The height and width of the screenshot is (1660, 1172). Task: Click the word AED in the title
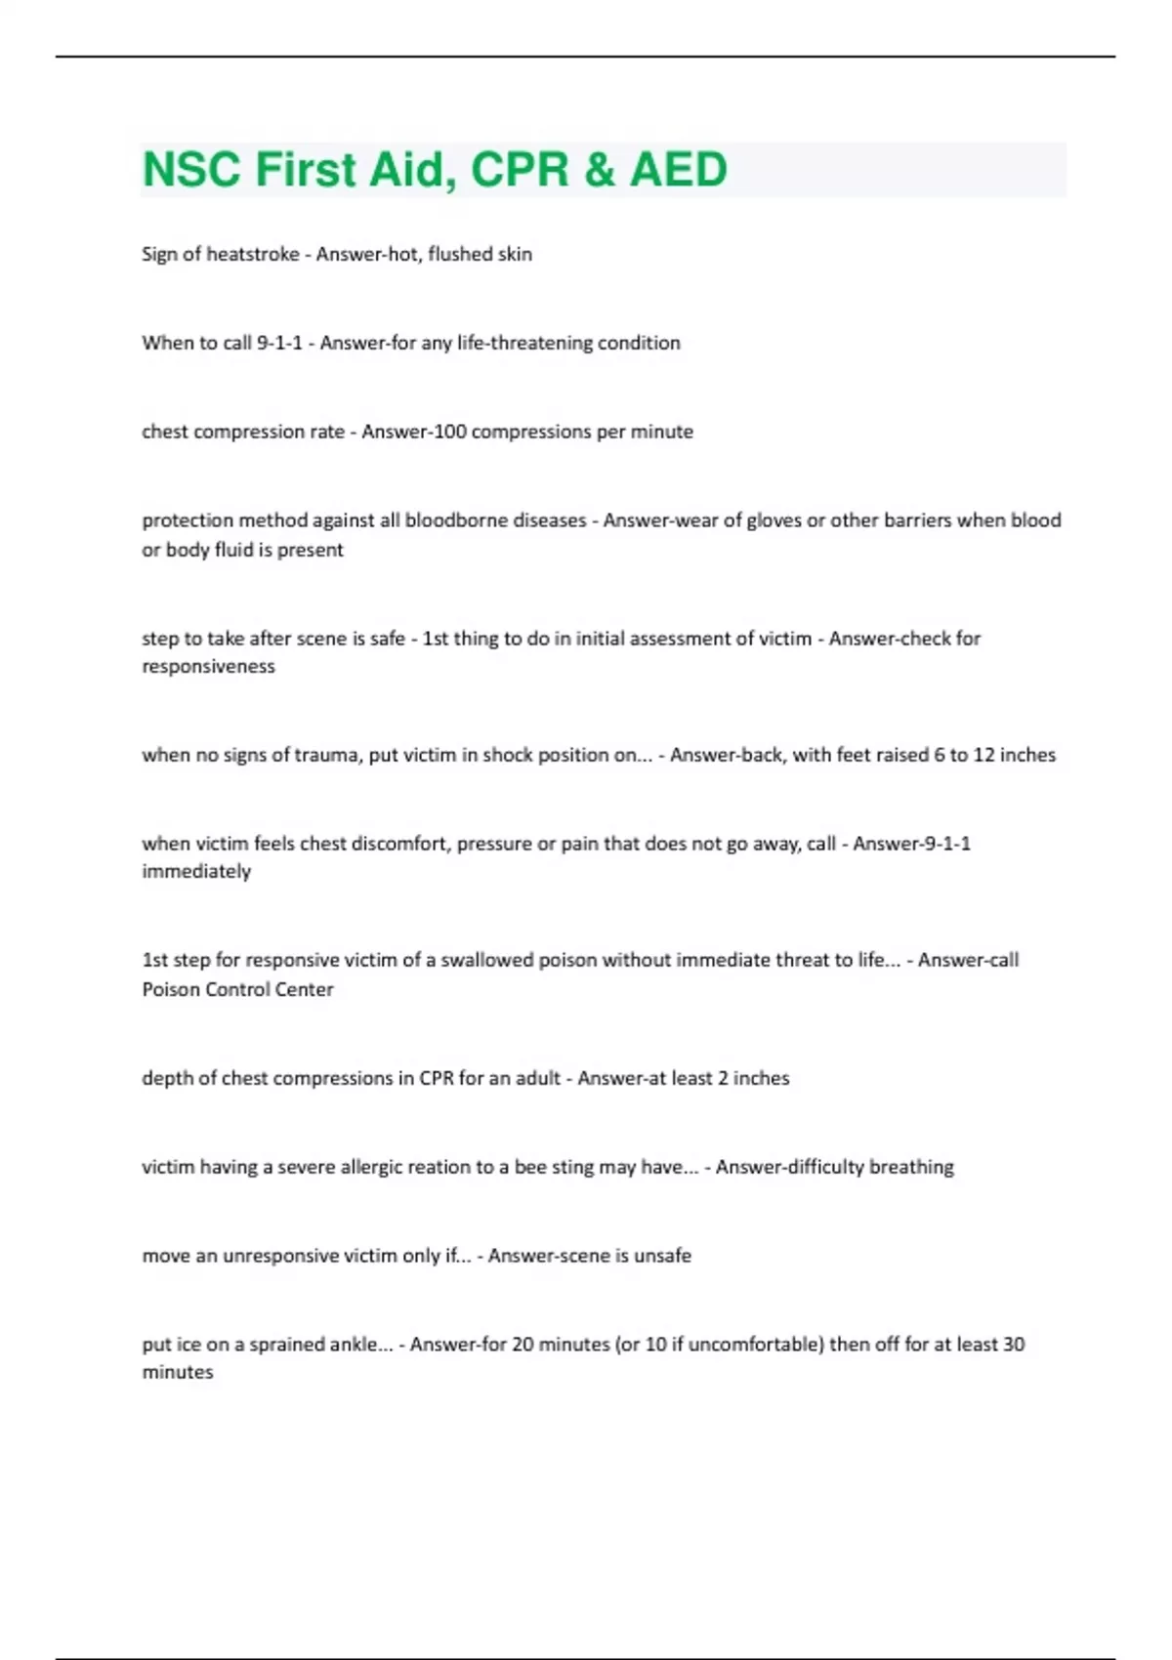coord(678,169)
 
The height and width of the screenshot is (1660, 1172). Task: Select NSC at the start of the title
coord(191,169)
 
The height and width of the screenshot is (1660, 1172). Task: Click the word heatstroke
coord(253,254)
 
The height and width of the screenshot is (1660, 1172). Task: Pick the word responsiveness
coord(208,667)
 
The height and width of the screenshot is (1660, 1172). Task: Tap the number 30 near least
coord(1013,1345)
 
